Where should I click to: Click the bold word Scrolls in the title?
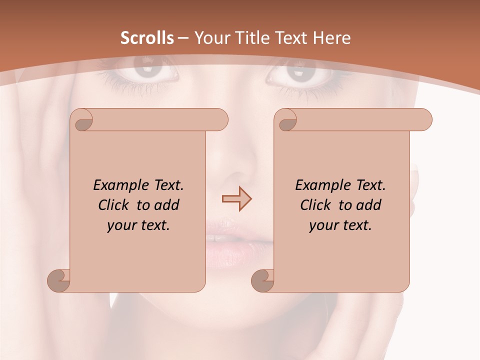(147, 38)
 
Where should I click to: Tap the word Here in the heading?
(331, 38)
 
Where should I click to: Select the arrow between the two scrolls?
(236, 198)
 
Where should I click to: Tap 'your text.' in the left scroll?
(138, 225)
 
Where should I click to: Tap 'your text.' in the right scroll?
(340, 225)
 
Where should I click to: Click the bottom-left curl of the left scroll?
(59, 280)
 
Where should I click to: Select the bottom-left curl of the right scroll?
(263, 280)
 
